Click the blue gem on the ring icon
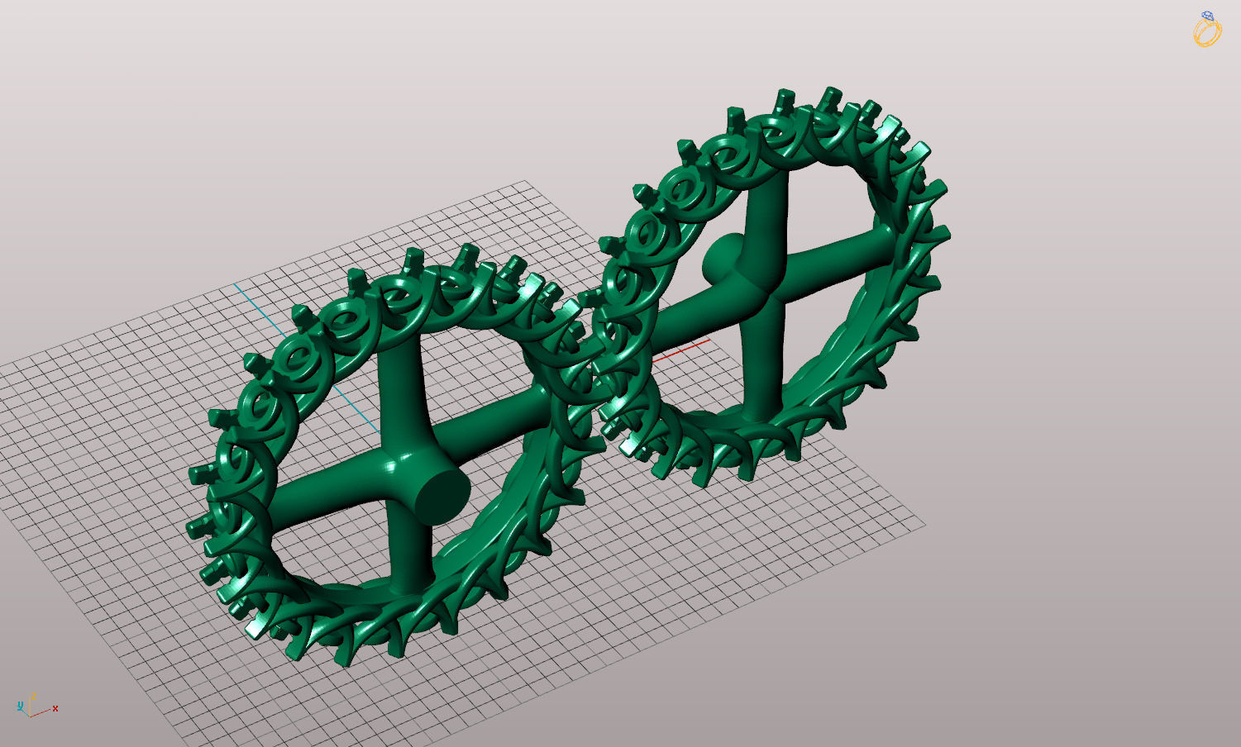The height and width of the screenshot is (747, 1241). pyautogui.click(x=1208, y=16)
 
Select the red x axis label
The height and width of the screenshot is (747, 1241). pyautogui.click(x=55, y=708)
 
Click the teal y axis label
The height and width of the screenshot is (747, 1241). pyautogui.click(x=20, y=706)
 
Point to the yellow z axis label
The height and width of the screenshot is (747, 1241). pyautogui.click(x=33, y=697)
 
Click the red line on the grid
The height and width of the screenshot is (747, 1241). pyautogui.click(x=681, y=351)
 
